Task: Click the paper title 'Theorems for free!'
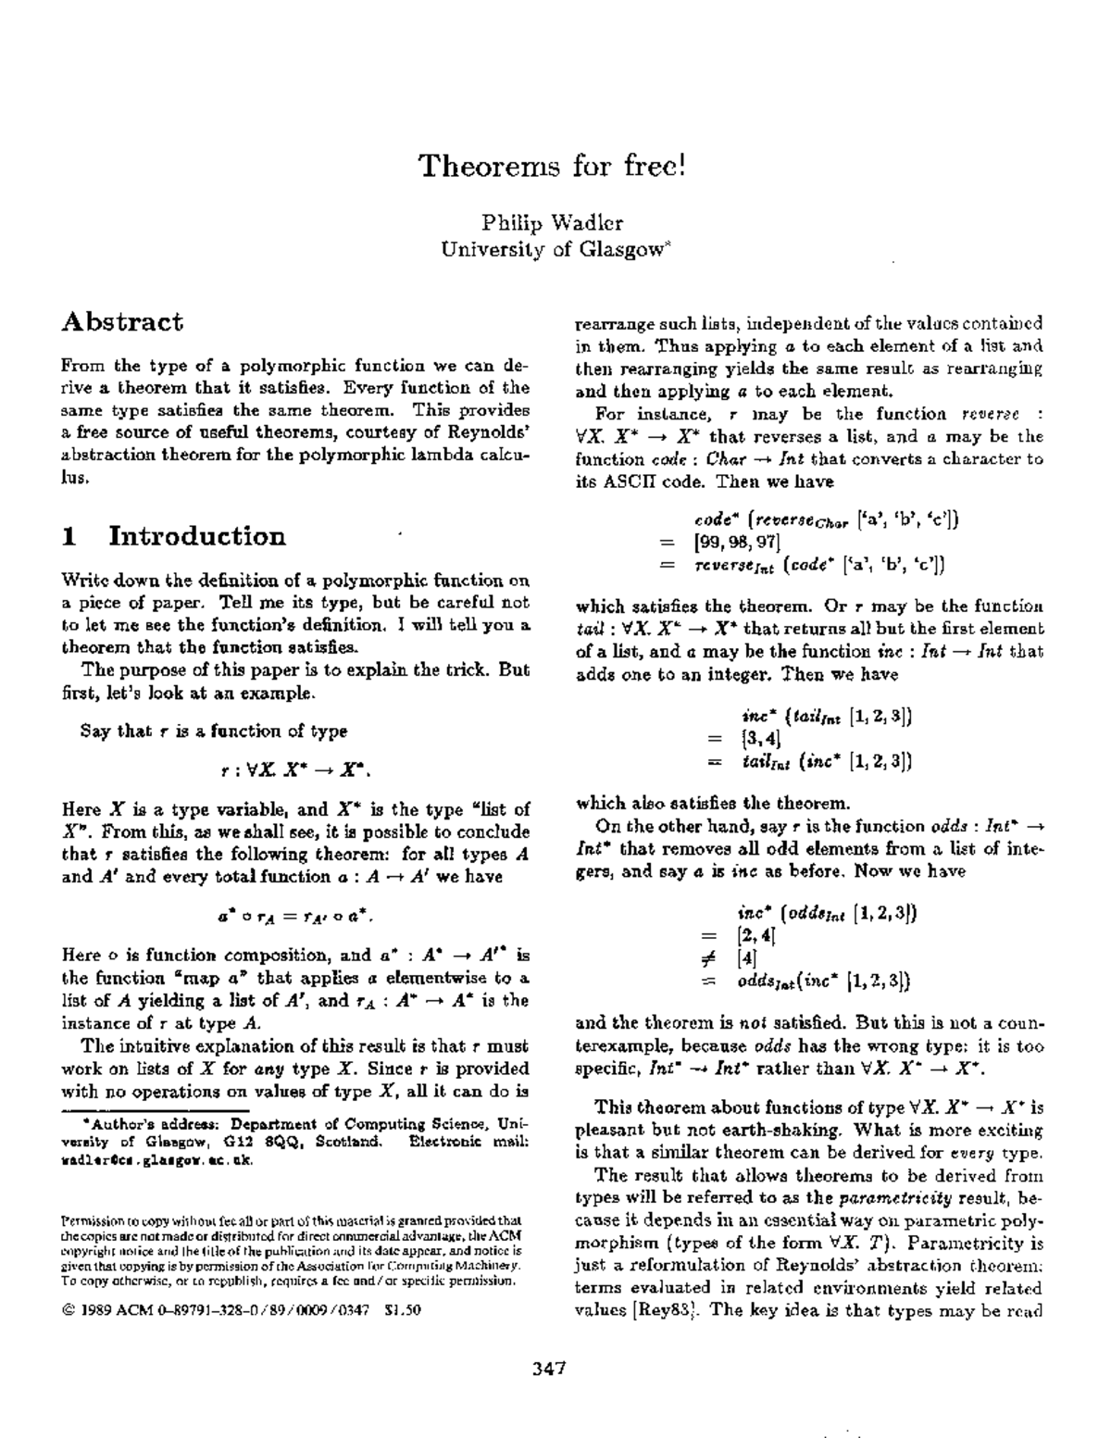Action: (x=553, y=167)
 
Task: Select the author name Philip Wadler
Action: (x=552, y=222)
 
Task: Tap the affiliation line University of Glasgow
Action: (x=552, y=249)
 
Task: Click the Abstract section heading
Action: (x=122, y=322)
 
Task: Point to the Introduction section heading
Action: (x=197, y=536)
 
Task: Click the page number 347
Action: (x=549, y=1369)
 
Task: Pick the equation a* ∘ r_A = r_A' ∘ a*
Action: (x=295, y=916)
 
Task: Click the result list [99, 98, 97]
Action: (x=737, y=542)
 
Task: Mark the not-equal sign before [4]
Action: (x=712, y=958)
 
